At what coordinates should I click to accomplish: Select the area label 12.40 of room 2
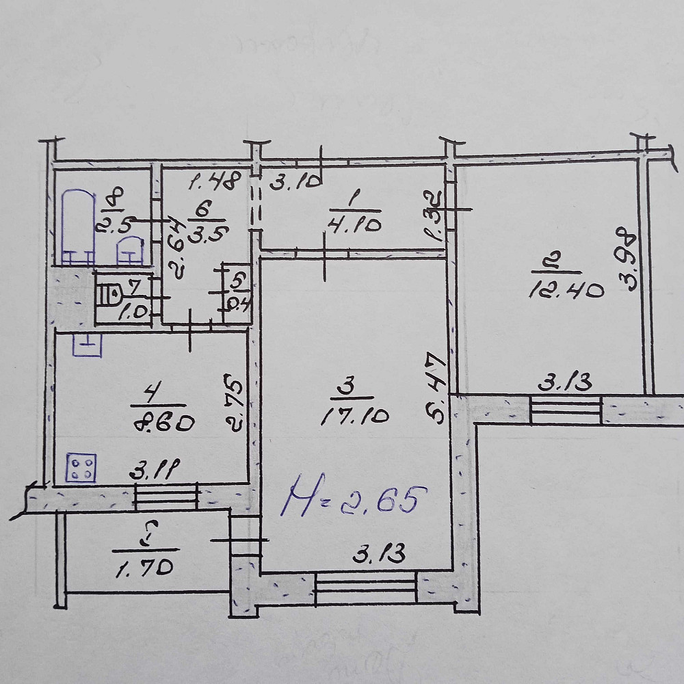[567, 291]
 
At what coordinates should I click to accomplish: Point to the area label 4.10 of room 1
[355, 225]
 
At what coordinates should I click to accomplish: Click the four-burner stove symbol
[81, 469]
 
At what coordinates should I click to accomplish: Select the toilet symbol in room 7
[108, 295]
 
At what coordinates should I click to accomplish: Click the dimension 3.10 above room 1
[293, 183]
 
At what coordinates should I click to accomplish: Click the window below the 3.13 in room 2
[566, 410]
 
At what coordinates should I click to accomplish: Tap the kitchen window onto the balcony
[166, 496]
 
